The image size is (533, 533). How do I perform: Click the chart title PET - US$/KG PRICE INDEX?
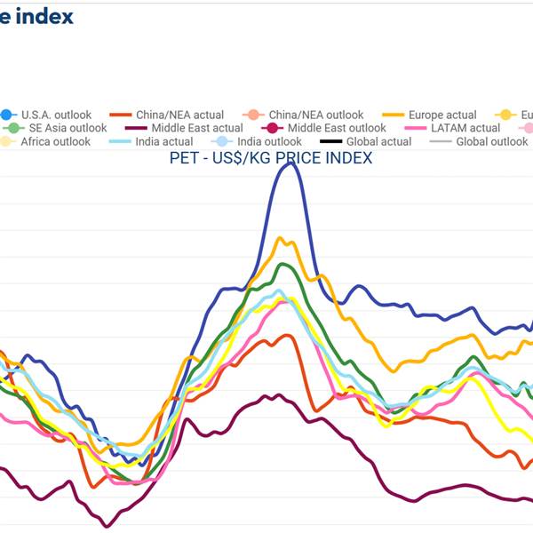(x=271, y=158)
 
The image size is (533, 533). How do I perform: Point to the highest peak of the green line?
(x=285, y=264)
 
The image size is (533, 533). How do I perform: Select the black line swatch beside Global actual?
(x=331, y=141)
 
